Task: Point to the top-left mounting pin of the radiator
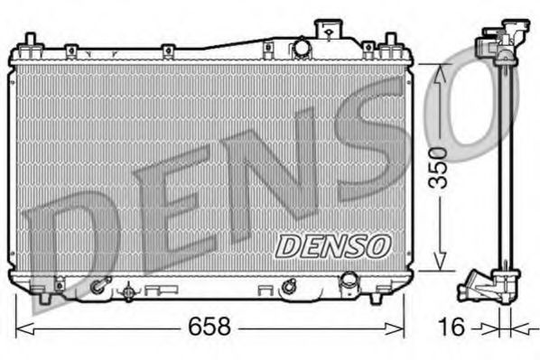click(32, 41)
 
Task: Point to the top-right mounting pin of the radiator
click(390, 42)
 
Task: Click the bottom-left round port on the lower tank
click(97, 288)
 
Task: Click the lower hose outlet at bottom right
click(346, 288)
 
